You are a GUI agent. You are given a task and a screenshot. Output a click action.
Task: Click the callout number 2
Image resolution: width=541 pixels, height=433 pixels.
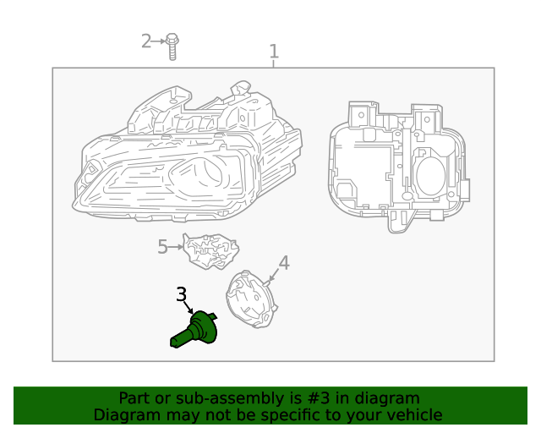point(146,41)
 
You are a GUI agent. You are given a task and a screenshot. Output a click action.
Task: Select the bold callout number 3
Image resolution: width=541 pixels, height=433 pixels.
point(182,295)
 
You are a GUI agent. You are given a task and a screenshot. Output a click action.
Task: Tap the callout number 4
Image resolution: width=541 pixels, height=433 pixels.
point(284,263)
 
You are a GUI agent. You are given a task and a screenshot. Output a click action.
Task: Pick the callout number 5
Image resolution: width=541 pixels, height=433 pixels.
point(163,247)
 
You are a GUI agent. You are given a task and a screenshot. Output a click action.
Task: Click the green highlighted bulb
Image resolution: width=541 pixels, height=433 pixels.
point(196,329)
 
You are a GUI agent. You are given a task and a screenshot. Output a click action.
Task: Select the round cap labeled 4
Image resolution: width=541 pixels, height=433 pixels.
point(250,301)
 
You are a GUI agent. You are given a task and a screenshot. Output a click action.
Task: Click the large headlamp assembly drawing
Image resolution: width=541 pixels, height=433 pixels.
point(191,156)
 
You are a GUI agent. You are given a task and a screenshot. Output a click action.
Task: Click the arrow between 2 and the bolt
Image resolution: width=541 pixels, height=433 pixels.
point(159,41)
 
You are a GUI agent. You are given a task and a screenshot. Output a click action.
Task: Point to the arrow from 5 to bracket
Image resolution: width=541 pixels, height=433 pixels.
point(176,247)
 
